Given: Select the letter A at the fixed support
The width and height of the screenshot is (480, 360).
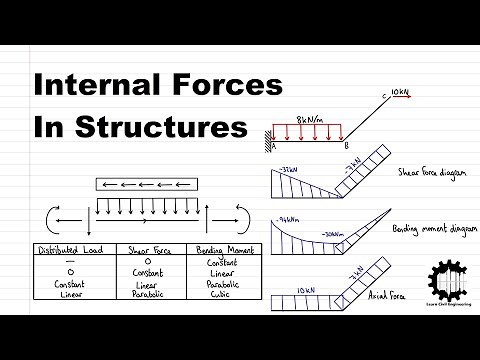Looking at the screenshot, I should coord(273,142).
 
